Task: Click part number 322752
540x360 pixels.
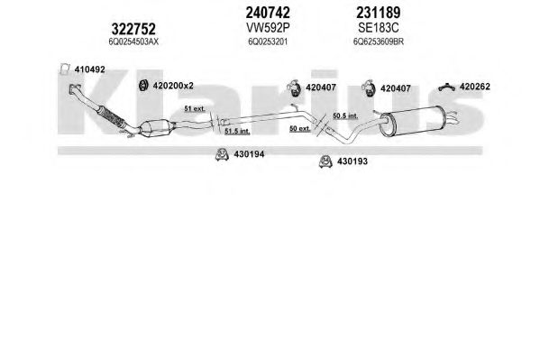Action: coord(133,29)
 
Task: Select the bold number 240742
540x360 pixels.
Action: coord(268,13)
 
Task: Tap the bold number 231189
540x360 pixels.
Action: coord(379,13)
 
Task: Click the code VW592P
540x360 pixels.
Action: coord(268,28)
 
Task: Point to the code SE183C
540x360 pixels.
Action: coord(378,28)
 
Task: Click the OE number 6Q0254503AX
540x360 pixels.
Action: coord(133,42)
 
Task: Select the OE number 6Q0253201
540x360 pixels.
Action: coord(268,42)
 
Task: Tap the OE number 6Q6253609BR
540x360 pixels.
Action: coord(379,42)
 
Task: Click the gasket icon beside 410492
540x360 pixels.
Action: coord(64,69)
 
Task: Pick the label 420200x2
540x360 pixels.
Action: coord(173,86)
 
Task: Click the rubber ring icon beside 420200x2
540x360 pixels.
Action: coord(143,86)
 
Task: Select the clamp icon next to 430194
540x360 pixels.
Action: coord(222,154)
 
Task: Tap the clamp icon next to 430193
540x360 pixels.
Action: coord(325,162)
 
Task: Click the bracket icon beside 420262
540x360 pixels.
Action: coord(446,88)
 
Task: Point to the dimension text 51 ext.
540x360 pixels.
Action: coord(195,108)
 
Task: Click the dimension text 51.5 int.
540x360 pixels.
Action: coord(237,131)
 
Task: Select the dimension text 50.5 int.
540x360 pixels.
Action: coord(345,115)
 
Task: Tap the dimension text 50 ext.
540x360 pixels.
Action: coord(300,129)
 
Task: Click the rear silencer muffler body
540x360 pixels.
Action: coord(413,121)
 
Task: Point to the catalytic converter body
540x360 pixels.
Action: coord(156,128)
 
